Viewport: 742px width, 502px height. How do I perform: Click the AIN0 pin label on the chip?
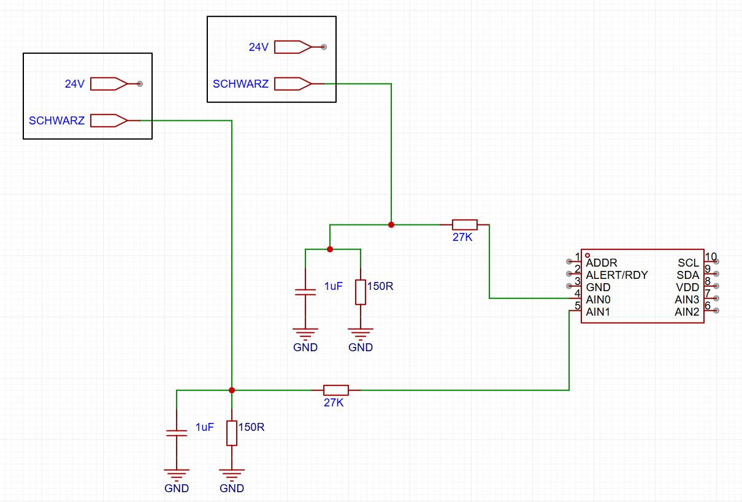pos(598,300)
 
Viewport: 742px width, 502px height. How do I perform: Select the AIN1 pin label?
pos(598,312)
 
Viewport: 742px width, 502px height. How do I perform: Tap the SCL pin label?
pos(688,263)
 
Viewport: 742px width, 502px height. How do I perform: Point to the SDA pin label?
pos(687,275)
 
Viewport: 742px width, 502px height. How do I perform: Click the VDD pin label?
pos(687,287)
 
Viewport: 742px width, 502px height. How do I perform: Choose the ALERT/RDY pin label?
pos(616,275)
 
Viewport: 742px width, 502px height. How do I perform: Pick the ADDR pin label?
pos(602,263)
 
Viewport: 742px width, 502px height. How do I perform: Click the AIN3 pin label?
pos(687,300)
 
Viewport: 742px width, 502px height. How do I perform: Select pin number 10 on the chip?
pos(711,257)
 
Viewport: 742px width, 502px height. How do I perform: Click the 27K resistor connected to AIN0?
pos(465,225)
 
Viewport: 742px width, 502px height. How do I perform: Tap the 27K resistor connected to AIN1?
pos(336,390)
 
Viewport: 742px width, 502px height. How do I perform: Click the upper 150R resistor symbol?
pos(361,292)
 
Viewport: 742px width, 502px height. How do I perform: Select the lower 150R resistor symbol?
pos(232,433)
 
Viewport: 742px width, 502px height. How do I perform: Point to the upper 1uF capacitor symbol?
pos(305,292)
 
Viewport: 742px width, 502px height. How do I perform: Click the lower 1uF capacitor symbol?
pos(177,433)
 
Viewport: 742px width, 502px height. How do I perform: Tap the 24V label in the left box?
pos(75,84)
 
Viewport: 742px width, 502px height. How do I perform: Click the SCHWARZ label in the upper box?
pos(240,84)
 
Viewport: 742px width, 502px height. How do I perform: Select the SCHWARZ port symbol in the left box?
pos(109,121)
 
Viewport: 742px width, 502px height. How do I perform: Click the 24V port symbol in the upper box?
pos(293,47)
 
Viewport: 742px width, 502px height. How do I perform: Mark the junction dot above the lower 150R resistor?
pos(232,390)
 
